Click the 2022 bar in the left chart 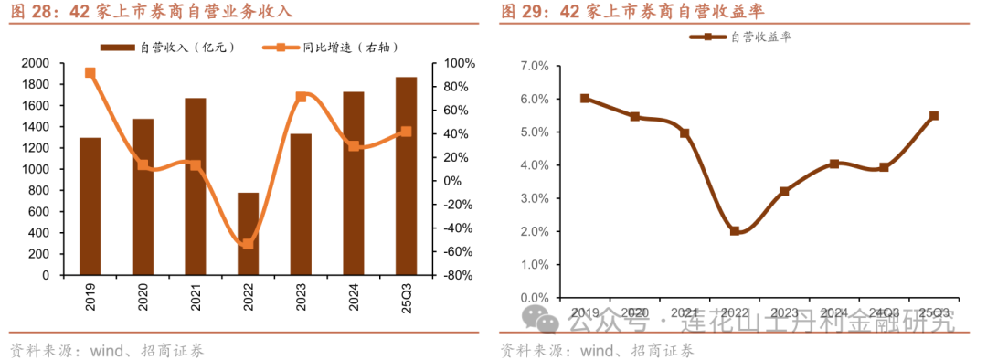[248, 233]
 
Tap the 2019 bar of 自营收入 [90, 206]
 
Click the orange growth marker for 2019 [90, 72]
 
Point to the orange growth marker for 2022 [248, 244]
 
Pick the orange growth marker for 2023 [301, 96]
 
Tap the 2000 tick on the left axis [37, 63]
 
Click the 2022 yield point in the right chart [735, 231]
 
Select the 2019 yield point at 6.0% [585, 99]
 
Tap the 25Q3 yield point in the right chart [934, 116]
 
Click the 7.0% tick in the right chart [533, 66]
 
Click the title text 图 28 [31, 12]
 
